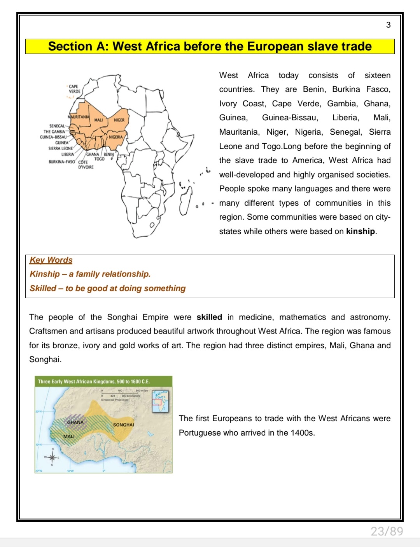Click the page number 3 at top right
pos(388,25)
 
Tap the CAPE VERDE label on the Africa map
pos(74,89)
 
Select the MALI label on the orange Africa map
pos(99,120)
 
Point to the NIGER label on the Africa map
pos(119,120)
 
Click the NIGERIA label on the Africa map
pos(115,137)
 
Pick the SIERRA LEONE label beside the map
pos(60,148)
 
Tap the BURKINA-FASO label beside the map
pos(61,161)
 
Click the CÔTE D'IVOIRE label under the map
pos(85,165)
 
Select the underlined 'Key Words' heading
pos(51,260)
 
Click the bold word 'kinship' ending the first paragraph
pos(360,231)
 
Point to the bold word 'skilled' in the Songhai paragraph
pos(209,317)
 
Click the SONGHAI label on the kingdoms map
pos(123,425)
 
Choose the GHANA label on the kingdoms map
pos(75,422)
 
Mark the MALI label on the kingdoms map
pos(69,437)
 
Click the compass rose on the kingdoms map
pos(52,457)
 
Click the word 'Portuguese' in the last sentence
pos(199,433)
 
